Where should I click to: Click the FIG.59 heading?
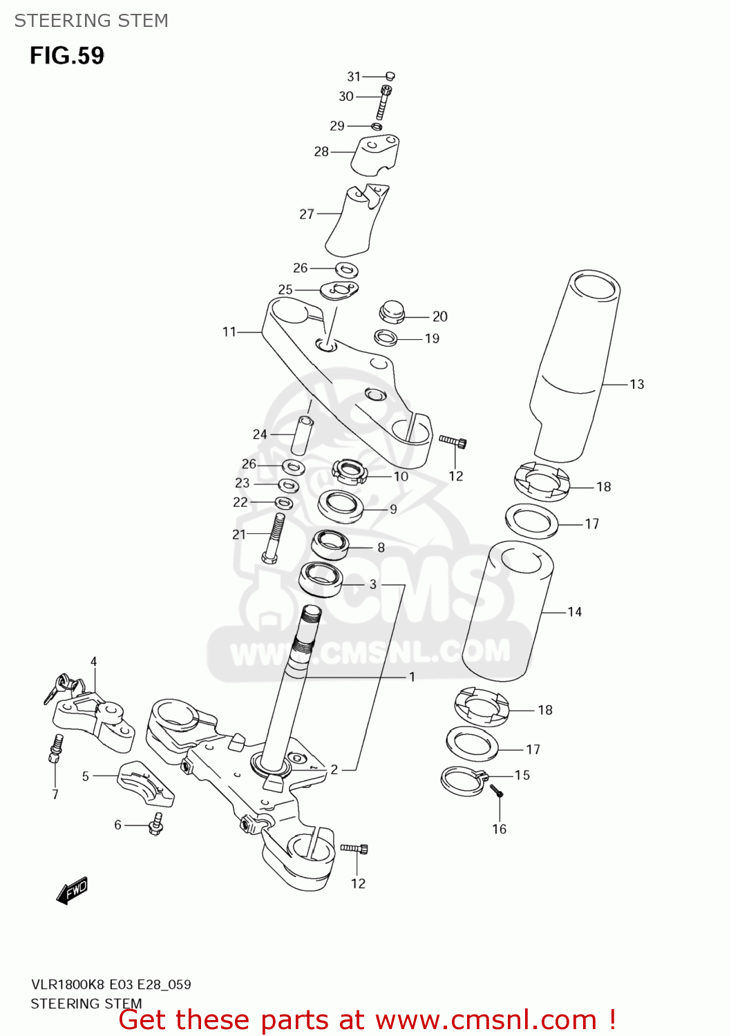[67, 55]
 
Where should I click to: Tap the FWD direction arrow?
[73, 890]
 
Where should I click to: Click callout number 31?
[354, 77]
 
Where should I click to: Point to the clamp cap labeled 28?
[375, 155]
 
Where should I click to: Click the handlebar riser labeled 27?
[355, 221]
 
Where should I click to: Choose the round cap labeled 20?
[392, 311]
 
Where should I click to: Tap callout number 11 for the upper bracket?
[229, 332]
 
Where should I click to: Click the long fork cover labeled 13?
[573, 366]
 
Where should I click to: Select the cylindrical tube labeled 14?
[507, 611]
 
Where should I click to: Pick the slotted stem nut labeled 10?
[349, 472]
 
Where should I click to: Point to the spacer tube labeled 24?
[302, 434]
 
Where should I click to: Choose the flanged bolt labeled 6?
[156, 823]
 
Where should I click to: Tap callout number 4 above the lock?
[94, 662]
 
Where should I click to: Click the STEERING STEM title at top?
[91, 21]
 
